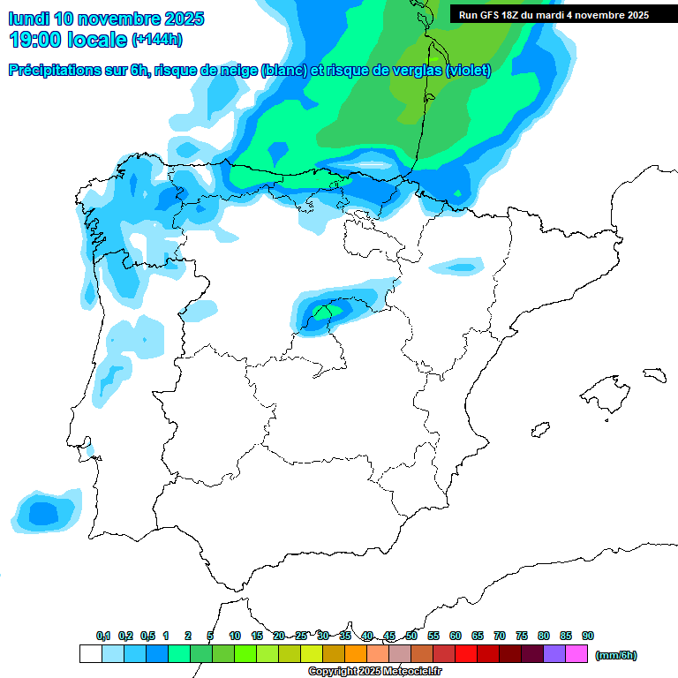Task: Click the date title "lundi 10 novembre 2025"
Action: click(106, 19)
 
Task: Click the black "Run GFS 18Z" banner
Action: click(554, 15)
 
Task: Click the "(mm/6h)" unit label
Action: click(615, 655)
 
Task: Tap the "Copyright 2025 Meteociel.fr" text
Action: click(374, 672)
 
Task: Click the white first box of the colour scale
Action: click(90, 654)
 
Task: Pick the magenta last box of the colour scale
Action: click(576, 654)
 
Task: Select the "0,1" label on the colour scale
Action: click(103, 637)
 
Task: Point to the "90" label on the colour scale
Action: click(588, 637)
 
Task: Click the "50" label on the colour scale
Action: click(411, 637)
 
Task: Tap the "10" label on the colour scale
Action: click(235, 637)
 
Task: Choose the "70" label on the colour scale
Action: click(500, 637)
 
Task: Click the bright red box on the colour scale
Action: click(466, 654)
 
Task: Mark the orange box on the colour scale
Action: click(356, 654)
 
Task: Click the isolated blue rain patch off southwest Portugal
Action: click(42, 511)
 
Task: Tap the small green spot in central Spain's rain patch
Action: click(324, 312)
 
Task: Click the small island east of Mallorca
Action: click(654, 374)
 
